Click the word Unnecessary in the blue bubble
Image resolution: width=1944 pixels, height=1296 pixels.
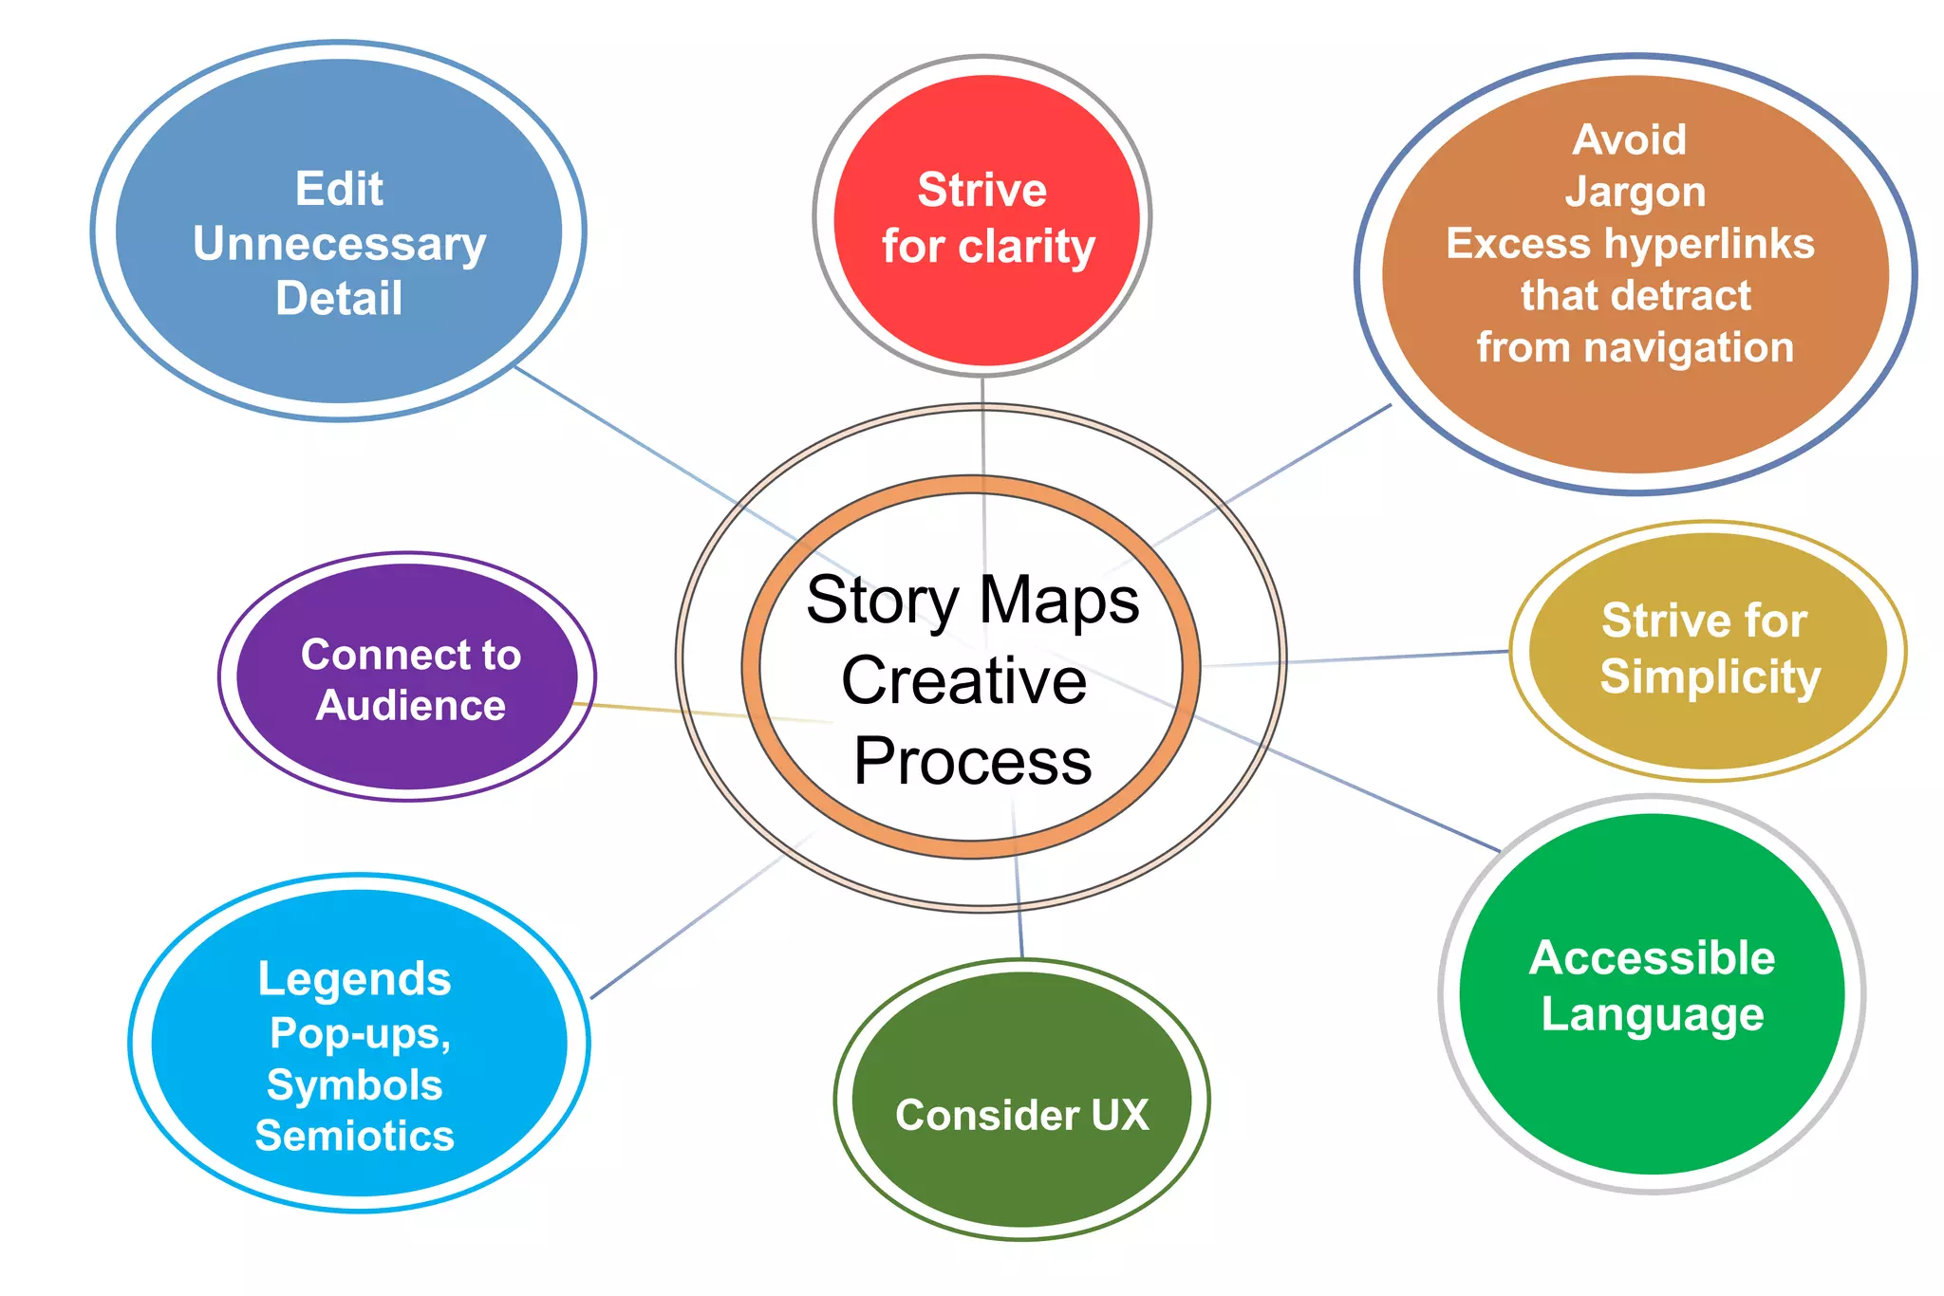(339, 244)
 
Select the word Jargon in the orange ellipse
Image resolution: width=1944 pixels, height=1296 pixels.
(1635, 192)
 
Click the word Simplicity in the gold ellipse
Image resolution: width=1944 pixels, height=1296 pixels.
(1710, 676)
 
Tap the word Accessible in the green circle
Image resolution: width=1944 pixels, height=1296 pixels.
(1652, 957)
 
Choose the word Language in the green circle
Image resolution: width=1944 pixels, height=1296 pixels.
(1652, 1013)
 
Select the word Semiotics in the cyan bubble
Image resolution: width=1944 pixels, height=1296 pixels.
(354, 1136)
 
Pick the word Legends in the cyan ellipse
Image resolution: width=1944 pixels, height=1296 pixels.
(354, 978)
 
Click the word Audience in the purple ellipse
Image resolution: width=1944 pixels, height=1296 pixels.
(410, 706)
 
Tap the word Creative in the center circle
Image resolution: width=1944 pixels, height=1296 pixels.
(963, 680)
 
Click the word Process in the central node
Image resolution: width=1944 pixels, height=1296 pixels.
(972, 761)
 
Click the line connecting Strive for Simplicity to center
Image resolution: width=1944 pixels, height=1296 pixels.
(1376, 657)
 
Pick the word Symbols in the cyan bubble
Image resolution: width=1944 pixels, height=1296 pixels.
(354, 1084)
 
